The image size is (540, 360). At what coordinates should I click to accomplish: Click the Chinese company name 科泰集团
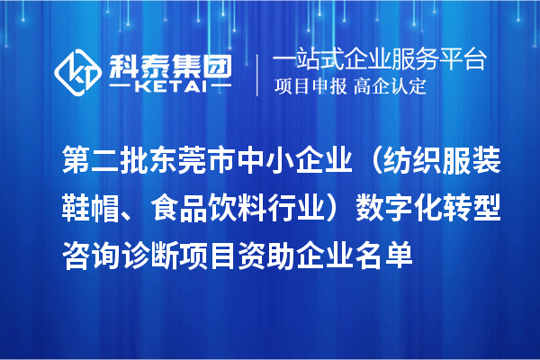[169, 63]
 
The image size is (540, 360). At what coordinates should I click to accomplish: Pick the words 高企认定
[391, 87]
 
